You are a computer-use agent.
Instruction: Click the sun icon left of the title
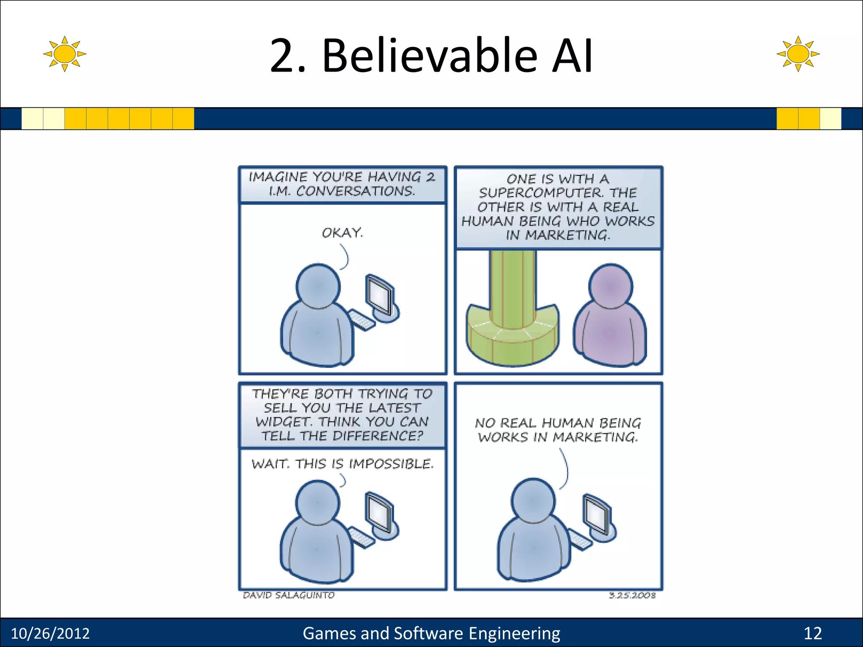(x=64, y=53)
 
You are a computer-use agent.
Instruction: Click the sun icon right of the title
(x=798, y=53)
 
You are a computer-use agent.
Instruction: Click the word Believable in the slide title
(x=430, y=56)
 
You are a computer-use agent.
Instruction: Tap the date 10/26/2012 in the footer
(x=50, y=633)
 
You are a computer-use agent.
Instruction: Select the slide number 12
(x=812, y=633)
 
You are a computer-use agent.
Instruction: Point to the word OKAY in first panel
(x=342, y=233)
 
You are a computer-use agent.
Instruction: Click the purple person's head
(x=611, y=286)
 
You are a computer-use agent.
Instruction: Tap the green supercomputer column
(x=513, y=291)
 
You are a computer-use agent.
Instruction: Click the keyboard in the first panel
(x=362, y=320)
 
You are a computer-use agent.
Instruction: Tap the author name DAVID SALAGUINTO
(x=289, y=595)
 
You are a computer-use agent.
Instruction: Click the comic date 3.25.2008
(x=632, y=595)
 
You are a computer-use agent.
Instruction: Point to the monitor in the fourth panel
(x=598, y=515)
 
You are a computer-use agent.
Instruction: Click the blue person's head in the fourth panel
(x=533, y=500)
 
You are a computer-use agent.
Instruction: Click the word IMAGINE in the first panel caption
(x=278, y=177)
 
